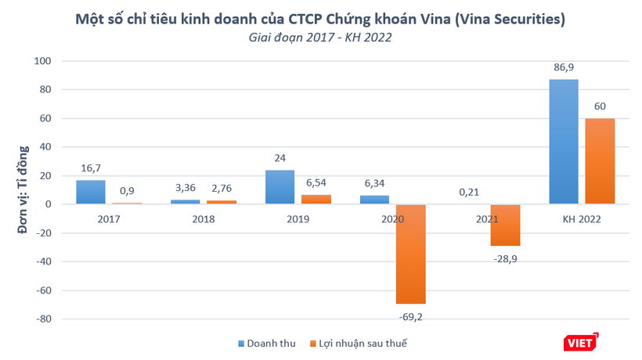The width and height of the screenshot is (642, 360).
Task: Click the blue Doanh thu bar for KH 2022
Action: tap(563, 141)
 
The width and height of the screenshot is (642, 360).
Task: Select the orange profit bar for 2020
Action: tap(411, 254)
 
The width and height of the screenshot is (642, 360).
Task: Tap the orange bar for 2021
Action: tap(505, 225)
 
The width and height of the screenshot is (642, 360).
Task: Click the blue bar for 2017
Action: tap(91, 192)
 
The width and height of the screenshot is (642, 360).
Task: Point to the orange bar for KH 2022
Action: tap(599, 161)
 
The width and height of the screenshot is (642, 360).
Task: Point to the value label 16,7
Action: tap(91, 168)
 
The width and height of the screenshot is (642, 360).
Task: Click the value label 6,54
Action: tap(316, 183)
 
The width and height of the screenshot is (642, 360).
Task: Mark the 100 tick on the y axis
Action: tap(42, 61)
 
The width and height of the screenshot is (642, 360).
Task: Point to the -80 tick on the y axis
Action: tap(42, 319)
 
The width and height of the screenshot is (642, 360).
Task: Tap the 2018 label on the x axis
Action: tap(204, 218)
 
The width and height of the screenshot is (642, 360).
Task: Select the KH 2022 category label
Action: tap(581, 218)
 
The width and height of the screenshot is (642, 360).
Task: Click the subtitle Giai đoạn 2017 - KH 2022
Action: tap(320, 37)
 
